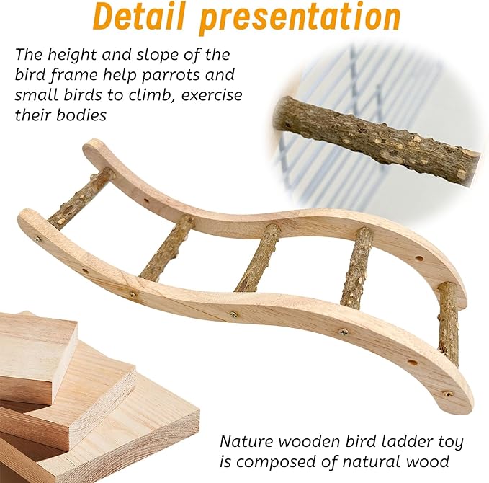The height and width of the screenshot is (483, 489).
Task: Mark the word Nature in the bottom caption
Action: click(x=247, y=441)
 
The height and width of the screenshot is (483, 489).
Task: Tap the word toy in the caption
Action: click(x=450, y=443)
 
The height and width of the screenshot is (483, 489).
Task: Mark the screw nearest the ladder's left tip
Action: click(x=37, y=239)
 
